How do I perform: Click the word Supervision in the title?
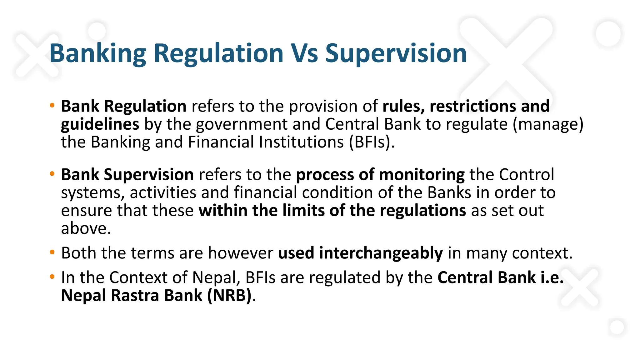click(x=396, y=54)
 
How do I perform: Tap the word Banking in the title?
click(x=98, y=54)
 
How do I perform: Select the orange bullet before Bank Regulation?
click(x=52, y=105)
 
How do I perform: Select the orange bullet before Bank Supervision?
click(x=52, y=174)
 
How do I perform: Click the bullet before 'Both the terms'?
click(x=52, y=252)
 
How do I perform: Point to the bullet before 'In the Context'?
click(x=52, y=277)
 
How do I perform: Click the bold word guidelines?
click(x=100, y=124)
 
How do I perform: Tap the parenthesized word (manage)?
click(x=548, y=124)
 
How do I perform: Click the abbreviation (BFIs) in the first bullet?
click(x=372, y=142)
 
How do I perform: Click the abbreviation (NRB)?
click(x=229, y=295)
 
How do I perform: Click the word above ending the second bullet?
click(x=86, y=228)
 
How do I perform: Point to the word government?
click(x=242, y=124)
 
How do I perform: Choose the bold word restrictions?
click(x=472, y=106)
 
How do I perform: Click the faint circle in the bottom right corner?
click(x=617, y=327)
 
